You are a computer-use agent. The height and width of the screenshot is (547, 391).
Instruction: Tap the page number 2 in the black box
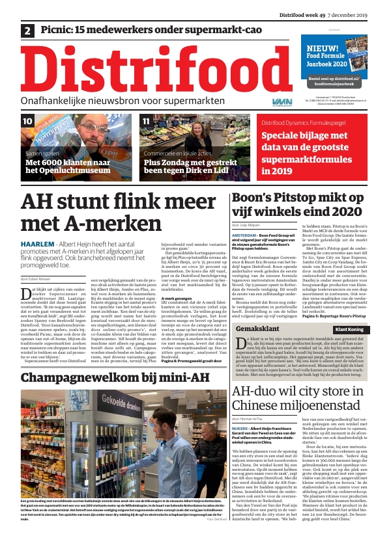pyautogui.click(x=29, y=31)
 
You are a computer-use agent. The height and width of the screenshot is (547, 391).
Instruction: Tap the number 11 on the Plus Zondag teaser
pyautogui.click(x=147, y=122)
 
